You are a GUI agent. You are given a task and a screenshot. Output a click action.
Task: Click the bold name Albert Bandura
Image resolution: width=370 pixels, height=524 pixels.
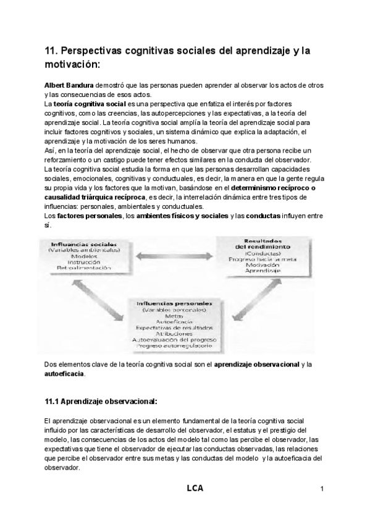68,85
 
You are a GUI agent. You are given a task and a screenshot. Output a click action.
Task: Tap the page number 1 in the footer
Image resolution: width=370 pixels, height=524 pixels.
322,489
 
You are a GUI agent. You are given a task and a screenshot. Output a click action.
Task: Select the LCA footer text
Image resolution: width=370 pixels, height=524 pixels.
195,488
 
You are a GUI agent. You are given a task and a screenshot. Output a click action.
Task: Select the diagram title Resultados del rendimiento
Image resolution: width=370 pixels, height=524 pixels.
254,245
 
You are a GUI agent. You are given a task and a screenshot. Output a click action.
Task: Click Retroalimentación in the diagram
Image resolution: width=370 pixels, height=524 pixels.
80,268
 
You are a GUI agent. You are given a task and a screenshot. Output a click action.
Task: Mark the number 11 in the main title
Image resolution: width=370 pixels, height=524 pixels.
51,53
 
